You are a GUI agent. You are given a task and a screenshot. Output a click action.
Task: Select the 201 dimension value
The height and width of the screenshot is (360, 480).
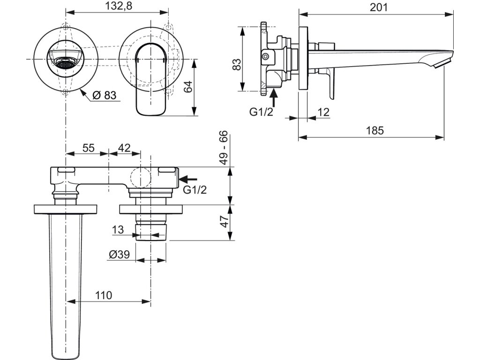(379, 7)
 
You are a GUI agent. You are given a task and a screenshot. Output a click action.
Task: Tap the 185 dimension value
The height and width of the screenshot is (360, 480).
(375, 130)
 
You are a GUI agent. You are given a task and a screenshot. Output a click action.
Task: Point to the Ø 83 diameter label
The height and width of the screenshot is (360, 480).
(104, 95)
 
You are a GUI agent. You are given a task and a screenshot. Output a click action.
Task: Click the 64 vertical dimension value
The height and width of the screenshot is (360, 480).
(188, 86)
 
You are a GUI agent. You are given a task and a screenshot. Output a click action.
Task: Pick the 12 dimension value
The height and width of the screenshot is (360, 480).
(323, 112)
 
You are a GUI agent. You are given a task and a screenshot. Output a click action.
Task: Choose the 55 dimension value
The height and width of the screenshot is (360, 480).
(89, 148)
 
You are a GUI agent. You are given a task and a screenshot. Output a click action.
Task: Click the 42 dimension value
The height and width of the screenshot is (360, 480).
(124, 148)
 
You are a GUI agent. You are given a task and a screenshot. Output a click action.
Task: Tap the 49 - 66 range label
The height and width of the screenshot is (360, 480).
(224, 148)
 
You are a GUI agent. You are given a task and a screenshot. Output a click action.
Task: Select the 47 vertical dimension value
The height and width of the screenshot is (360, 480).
(225, 221)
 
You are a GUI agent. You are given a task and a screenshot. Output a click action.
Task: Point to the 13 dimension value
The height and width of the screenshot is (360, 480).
(118, 229)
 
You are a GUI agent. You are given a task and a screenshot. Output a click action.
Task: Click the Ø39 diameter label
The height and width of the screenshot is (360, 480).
(120, 254)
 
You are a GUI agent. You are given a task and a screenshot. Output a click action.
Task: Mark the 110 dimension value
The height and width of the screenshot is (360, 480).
(104, 295)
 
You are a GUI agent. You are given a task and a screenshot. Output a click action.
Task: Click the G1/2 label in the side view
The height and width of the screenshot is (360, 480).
(261, 112)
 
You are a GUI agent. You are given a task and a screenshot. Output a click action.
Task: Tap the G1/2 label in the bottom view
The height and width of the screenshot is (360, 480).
(195, 189)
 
